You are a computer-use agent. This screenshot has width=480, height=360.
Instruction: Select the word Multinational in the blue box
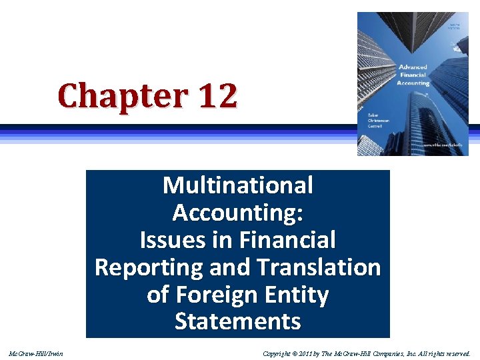[x=237, y=185]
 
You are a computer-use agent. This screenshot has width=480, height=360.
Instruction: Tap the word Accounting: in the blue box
[x=237, y=213]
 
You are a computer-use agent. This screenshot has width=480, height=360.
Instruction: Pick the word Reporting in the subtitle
[x=148, y=267]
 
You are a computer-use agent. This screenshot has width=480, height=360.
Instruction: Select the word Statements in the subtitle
[x=237, y=322]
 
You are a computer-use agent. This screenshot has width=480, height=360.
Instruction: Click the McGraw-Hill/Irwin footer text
[x=36, y=353]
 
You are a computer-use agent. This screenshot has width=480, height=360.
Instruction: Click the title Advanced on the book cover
[x=413, y=67]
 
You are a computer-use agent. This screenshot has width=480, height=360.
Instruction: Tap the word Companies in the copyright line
[x=393, y=353]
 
